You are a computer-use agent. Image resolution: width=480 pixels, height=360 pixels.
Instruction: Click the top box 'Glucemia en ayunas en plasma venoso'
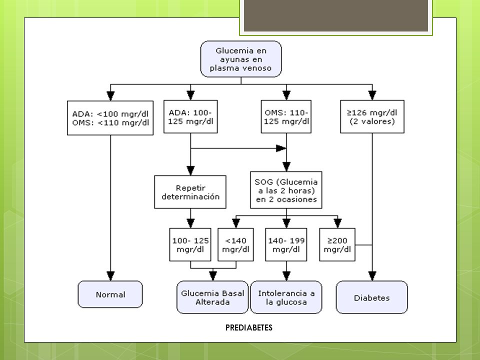point(241,59)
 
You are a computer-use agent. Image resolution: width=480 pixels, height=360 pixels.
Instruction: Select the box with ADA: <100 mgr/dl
point(110,118)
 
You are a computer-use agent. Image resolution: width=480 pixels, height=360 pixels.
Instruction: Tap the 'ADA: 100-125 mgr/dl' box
point(190,116)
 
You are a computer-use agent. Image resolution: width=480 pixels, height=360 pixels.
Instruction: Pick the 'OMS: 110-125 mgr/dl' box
point(286,116)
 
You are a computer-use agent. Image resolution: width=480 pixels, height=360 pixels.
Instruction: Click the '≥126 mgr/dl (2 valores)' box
point(372,116)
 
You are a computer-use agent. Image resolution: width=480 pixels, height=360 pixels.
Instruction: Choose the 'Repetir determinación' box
point(190,192)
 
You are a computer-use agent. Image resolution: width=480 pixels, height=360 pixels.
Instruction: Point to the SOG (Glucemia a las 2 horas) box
point(286,190)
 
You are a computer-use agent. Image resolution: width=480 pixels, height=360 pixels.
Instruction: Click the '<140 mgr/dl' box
point(235,244)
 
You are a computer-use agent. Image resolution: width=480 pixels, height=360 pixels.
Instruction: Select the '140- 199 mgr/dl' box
point(286,244)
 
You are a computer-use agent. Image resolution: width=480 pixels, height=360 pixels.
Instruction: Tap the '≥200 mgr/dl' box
point(337,244)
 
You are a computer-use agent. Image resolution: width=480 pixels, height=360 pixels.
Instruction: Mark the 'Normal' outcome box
point(110,294)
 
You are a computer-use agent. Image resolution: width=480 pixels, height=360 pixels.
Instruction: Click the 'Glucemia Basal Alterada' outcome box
point(212,297)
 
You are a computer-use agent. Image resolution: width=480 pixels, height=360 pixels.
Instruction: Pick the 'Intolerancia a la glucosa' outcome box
point(286,297)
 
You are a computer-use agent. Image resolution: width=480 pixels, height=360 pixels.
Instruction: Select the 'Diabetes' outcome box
point(372,297)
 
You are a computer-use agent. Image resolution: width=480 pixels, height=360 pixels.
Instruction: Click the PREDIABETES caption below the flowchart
point(249,328)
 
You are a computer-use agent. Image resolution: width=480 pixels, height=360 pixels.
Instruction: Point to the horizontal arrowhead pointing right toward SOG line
point(281,148)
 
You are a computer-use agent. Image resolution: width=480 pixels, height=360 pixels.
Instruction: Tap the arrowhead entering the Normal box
point(110,276)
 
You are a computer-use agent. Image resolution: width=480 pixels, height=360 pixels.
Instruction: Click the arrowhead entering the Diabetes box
point(372,276)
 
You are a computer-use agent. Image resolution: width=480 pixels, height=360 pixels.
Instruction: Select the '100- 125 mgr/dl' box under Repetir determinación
point(190,244)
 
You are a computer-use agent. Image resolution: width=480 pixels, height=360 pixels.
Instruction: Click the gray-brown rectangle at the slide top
point(336,15)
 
